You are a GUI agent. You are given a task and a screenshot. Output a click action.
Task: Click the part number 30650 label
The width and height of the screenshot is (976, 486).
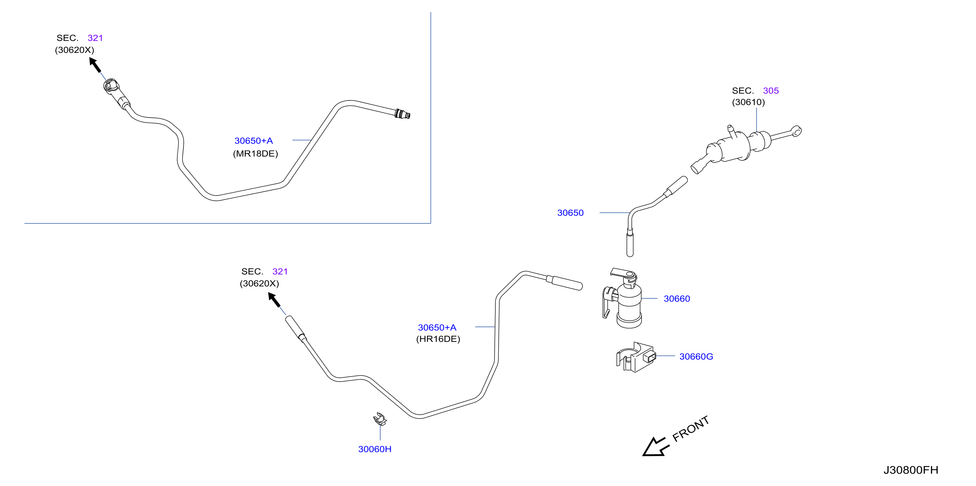570,213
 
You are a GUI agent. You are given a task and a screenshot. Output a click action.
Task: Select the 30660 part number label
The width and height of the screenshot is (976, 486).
677,299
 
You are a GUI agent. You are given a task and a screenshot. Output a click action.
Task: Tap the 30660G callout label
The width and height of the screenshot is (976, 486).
696,357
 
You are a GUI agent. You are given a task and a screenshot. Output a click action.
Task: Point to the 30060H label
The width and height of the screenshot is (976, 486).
375,449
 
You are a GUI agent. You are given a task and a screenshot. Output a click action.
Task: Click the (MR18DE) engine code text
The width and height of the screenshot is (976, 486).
255,154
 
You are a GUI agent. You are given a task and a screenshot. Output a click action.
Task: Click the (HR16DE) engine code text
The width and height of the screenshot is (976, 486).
438,339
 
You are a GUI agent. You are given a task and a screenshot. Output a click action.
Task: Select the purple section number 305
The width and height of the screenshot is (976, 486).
771,91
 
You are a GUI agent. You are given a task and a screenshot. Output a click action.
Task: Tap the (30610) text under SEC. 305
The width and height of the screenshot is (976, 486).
748,102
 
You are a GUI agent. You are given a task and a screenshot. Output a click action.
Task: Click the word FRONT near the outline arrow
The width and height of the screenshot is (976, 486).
690,428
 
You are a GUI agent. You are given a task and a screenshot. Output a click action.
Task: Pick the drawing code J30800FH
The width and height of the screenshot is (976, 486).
911,470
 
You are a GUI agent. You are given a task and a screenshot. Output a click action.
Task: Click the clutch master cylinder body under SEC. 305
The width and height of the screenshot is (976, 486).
731,148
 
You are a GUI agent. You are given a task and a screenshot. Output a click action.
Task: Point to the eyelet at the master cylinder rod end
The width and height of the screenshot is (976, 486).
796,131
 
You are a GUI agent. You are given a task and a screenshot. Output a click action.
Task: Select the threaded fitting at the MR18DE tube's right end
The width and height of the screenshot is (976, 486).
402,114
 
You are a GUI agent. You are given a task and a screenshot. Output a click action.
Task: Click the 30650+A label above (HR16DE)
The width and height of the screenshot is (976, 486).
437,327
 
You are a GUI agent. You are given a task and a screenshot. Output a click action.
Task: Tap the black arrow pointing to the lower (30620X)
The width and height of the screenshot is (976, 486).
274,300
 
